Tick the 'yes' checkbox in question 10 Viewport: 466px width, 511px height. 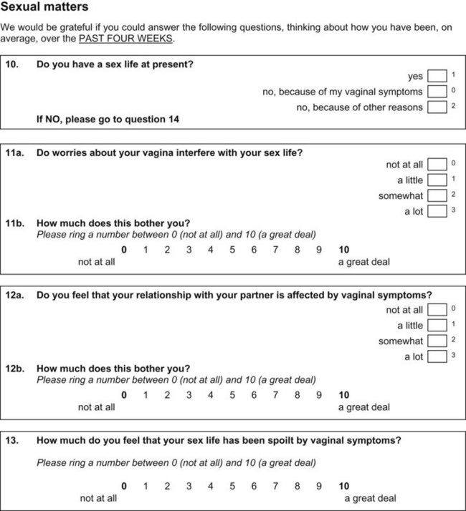tap(437, 77)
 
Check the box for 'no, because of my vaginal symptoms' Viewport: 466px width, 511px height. tap(437, 92)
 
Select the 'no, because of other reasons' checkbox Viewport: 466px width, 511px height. tap(437, 107)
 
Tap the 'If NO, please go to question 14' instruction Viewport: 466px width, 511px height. tap(108, 120)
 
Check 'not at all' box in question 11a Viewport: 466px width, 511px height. tap(437, 165)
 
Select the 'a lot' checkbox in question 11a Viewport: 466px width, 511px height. tap(437, 211)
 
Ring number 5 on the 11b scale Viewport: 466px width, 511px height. tap(232, 250)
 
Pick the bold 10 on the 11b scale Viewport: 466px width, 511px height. tap(344, 250)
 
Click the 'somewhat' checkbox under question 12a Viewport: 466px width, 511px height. tap(437, 341)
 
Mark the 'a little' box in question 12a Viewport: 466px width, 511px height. tap(437, 326)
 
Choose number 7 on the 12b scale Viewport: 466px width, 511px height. tap(276, 395)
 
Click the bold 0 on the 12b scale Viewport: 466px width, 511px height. tap(124, 395)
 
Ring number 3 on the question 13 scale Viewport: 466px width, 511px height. tap(189, 486)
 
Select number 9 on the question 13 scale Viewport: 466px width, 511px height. tap(319, 486)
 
